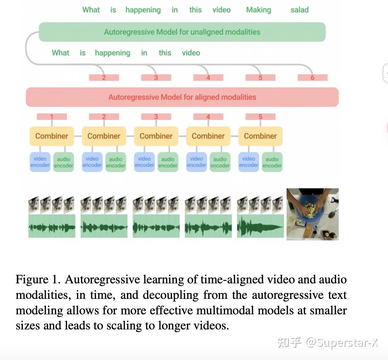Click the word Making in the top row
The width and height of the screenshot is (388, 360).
(258, 10)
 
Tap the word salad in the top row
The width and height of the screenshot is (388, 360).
(299, 10)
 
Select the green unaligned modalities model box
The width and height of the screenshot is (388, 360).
(182, 32)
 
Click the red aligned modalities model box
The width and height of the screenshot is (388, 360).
(182, 97)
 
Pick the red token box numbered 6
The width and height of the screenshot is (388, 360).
(312, 77)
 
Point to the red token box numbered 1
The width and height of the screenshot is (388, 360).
(52, 117)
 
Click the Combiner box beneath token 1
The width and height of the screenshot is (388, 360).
(52, 136)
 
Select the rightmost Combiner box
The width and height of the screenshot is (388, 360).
(260, 136)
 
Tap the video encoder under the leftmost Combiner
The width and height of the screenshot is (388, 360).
(40, 162)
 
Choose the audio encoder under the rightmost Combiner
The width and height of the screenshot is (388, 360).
(272, 162)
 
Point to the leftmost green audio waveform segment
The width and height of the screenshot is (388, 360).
(52, 226)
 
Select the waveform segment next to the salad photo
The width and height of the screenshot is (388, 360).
(260, 226)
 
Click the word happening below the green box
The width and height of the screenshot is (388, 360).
(112, 53)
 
